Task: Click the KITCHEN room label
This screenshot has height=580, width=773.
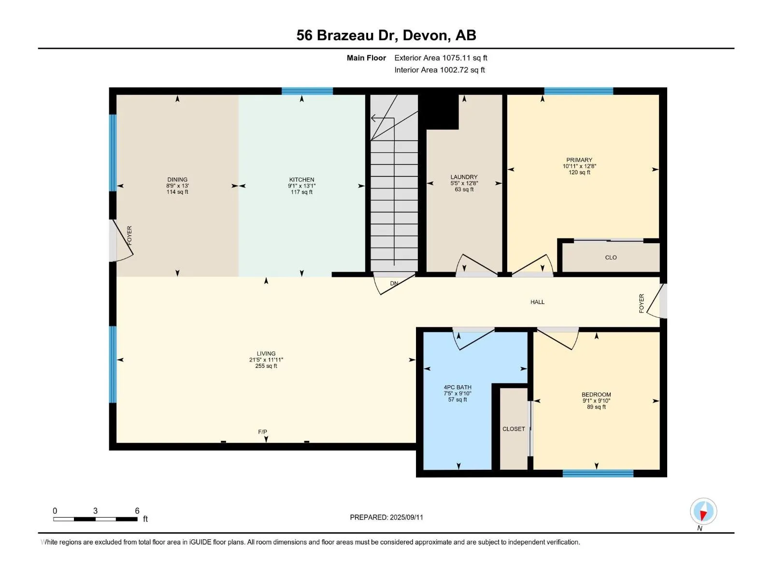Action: pyautogui.click(x=301, y=180)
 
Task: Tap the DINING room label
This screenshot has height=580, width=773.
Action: pyautogui.click(x=177, y=180)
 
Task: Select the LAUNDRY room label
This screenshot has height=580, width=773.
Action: pyautogui.click(x=464, y=177)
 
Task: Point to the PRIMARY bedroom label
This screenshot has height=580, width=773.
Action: pyautogui.click(x=579, y=160)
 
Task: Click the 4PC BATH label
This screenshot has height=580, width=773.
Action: pyautogui.click(x=457, y=387)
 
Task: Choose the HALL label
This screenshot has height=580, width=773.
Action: pyautogui.click(x=537, y=302)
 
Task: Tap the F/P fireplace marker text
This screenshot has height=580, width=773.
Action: pyautogui.click(x=262, y=432)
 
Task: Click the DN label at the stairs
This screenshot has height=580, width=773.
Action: pyautogui.click(x=394, y=284)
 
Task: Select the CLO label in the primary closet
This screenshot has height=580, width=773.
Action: pyautogui.click(x=611, y=258)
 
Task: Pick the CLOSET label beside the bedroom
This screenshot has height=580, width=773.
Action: pyautogui.click(x=514, y=429)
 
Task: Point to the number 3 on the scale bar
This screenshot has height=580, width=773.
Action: pyautogui.click(x=95, y=510)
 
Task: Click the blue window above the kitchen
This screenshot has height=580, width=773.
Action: pyautogui.click(x=307, y=91)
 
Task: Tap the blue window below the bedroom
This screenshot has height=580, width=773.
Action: pyautogui.click(x=598, y=473)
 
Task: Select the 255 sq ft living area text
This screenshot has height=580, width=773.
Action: pyautogui.click(x=266, y=366)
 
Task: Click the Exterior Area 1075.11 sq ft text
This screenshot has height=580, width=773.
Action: pyautogui.click(x=441, y=58)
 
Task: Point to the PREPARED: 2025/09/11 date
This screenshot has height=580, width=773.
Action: pyautogui.click(x=386, y=517)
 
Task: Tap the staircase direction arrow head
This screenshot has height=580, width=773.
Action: pyautogui.click(x=373, y=118)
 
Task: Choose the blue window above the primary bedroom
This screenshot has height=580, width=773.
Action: pyautogui.click(x=579, y=91)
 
